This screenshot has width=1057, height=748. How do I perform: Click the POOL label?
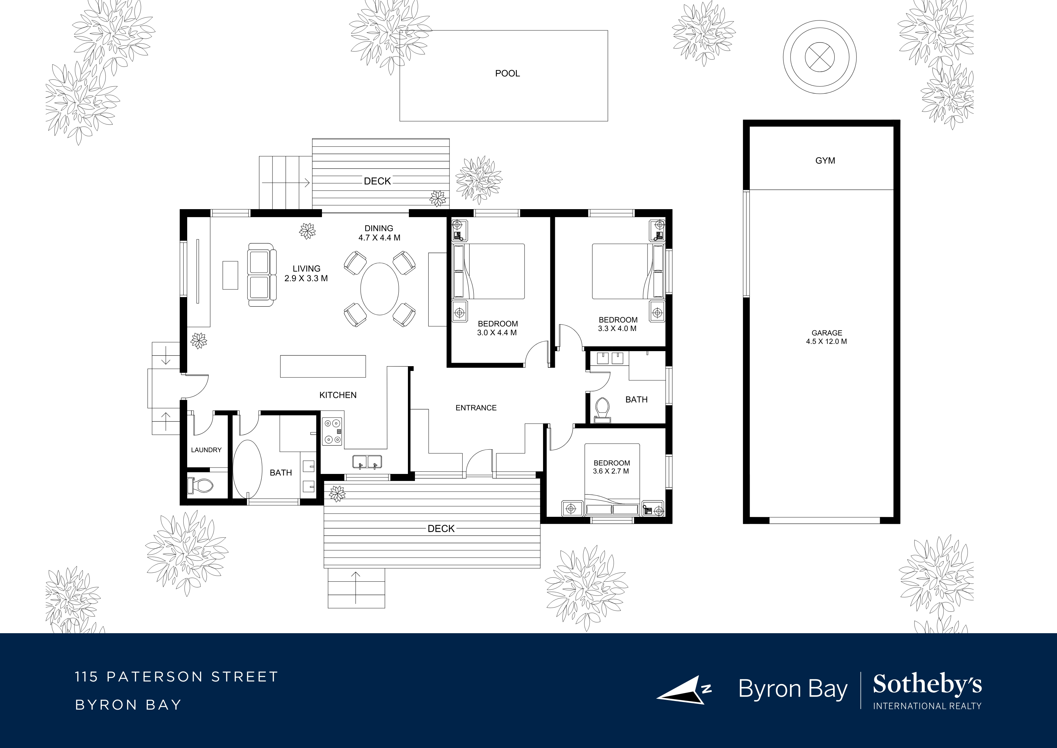click(x=507, y=73)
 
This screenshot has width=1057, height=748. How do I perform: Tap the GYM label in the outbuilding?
click(x=825, y=161)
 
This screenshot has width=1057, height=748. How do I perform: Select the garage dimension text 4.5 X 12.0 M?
click(x=826, y=342)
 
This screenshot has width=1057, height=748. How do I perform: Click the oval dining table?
click(x=379, y=289)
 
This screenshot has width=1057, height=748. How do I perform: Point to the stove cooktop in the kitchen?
click(x=332, y=431)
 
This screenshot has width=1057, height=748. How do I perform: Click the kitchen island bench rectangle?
click(x=323, y=366)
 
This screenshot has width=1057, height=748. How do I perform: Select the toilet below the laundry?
click(x=201, y=485)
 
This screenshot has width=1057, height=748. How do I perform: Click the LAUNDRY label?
click(x=206, y=450)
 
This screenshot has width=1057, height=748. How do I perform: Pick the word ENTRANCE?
click(x=476, y=408)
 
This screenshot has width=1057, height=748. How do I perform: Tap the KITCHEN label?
click(x=338, y=395)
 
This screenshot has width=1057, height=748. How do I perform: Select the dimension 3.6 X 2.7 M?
click(x=611, y=471)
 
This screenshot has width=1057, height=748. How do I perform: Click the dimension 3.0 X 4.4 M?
click(x=497, y=333)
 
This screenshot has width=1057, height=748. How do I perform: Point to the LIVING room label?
click(x=306, y=269)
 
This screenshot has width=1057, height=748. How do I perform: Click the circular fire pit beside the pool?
click(x=819, y=58)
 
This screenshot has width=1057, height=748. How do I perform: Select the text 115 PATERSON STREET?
click(x=177, y=677)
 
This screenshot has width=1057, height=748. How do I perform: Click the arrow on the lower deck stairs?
click(x=356, y=587)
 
